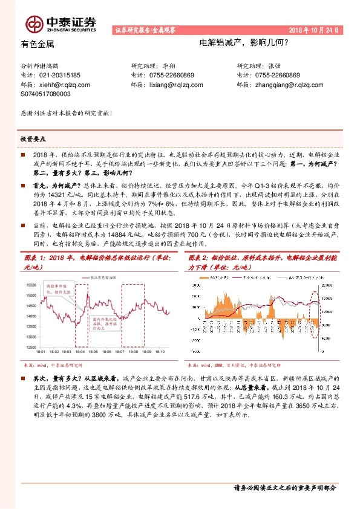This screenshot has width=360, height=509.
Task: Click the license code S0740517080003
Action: coord(45,95)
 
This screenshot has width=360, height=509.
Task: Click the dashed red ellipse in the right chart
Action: coord(315,311)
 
